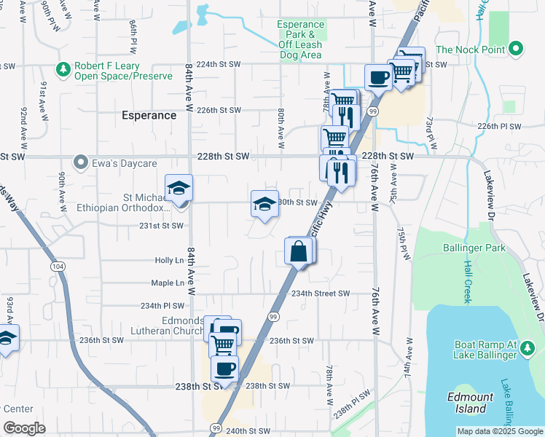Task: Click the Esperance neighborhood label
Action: point(149,115)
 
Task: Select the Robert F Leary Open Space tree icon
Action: point(63,70)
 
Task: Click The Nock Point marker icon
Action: point(517,50)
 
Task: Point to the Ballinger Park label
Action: point(474,248)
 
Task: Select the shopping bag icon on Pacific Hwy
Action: point(299,252)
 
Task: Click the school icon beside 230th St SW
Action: point(264,203)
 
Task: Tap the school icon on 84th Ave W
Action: point(179,189)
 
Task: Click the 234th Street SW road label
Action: point(321,294)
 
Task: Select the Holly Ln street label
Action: point(169,260)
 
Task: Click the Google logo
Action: point(24,428)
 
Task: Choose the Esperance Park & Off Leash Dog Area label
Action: point(300,39)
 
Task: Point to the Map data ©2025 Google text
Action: point(500,431)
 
